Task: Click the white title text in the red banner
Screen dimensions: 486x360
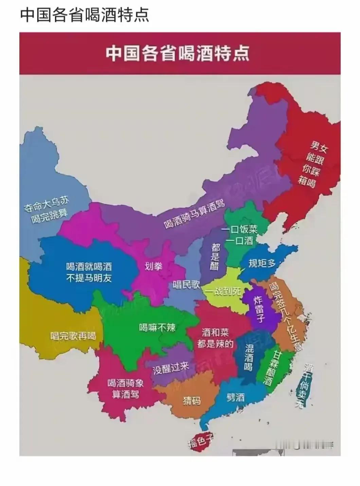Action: point(177,53)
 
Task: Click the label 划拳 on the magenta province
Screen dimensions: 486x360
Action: point(154,266)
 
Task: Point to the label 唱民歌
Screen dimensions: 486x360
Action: point(186,284)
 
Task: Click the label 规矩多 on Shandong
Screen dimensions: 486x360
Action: point(262,263)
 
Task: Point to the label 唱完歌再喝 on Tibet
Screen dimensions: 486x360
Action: point(73,336)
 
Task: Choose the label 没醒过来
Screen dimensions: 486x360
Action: point(170,368)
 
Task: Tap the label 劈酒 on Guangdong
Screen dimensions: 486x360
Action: point(235,397)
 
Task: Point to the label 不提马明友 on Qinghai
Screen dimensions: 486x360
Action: point(89,278)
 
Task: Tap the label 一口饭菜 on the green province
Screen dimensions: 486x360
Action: point(239,229)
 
